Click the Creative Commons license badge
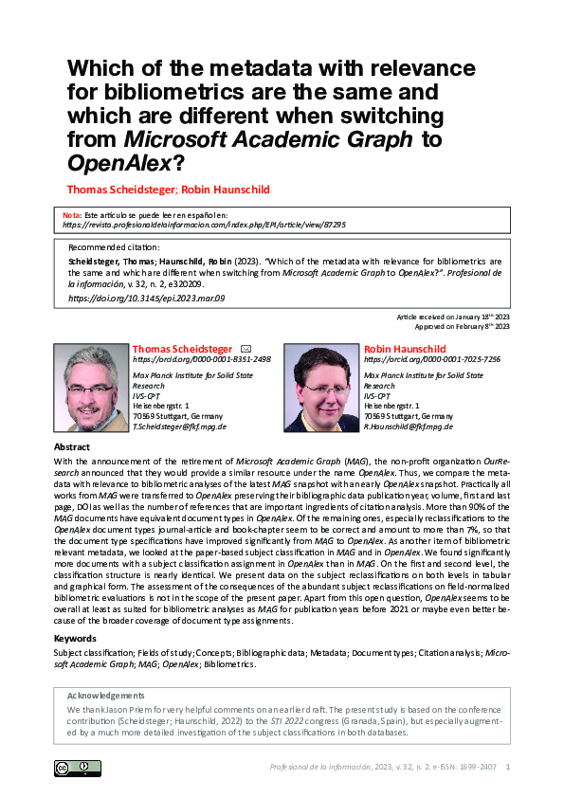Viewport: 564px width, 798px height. pyautogui.click(x=77, y=767)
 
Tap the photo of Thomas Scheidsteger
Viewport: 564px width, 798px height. pyautogui.click(x=91, y=388)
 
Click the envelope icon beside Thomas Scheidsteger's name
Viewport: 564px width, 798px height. pyautogui.click(x=246, y=349)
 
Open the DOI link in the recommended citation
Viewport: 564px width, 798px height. pyautogui.click(x=147, y=299)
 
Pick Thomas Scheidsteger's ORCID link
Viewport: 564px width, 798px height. pyautogui.click(x=202, y=360)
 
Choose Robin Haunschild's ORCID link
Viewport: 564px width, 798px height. pyautogui.click(x=432, y=360)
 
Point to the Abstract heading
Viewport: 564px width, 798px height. pyautogui.click(x=72, y=446)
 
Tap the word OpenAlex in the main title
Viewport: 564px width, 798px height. pyautogui.click(x=117, y=162)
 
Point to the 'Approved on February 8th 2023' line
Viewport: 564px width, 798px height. pyautogui.click(x=461, y=326)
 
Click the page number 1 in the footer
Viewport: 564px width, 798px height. pyautogui.click(x=510, y=767)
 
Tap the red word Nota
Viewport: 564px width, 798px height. pyautogui.click(x=71, y=215)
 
